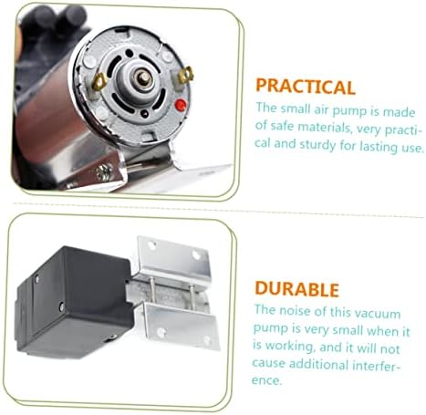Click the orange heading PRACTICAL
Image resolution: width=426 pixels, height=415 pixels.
coord(306,87)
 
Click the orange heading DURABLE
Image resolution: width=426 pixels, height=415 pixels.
coord(296,289)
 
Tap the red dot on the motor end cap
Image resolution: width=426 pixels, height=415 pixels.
coord(181,105)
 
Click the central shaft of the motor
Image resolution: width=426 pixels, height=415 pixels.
coord(143,78)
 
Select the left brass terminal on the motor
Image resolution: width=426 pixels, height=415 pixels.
coord(99,81)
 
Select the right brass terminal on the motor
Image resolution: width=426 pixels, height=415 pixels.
coord(185,75)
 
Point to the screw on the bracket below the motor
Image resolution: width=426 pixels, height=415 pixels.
coord(104,173)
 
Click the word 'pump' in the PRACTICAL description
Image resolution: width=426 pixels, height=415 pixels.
coord(349,111)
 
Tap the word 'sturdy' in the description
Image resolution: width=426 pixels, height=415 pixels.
coord(317,145)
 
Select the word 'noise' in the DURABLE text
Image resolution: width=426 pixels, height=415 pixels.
coord(299,311)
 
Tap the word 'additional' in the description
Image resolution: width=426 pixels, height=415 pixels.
coord(318,364)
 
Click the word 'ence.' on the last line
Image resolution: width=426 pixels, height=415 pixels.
coord(267,380)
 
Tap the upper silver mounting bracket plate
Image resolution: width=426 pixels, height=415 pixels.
coord(174,258)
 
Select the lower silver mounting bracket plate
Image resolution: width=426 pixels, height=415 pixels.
coord(182,326)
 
